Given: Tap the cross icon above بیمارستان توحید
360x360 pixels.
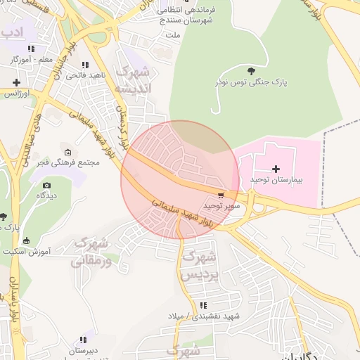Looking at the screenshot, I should pyautogui.click(x=276, y=169).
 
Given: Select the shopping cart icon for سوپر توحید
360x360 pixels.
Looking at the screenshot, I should pyautogui.click(x=221, y=195).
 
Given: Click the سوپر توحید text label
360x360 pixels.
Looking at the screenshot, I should pyautogui.click(x=222, y=205).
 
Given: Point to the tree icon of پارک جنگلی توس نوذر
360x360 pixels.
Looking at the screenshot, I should pyautogui.click(x=252, y=70).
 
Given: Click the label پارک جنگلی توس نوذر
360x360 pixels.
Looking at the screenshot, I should pyautogui.click(x=252, y=82).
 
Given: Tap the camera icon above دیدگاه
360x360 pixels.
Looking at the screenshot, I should pyautogui.click(x=47, y=186).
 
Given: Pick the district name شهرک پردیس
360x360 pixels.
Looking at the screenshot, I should pyautogui.click(x=196, y=266).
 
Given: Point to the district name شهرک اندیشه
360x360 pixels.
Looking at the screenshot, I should pyautogui.click(x=134, y=81).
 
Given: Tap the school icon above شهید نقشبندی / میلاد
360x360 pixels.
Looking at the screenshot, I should pyautogui.click(x=203, y=305).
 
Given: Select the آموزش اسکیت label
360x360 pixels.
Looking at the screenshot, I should pyautogui.click(x=28, y=251).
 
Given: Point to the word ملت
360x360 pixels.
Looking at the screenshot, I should pyautogui.click(x=172, y=34).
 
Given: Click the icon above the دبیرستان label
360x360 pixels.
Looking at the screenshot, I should pyautogui.click(x=84, y=340).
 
